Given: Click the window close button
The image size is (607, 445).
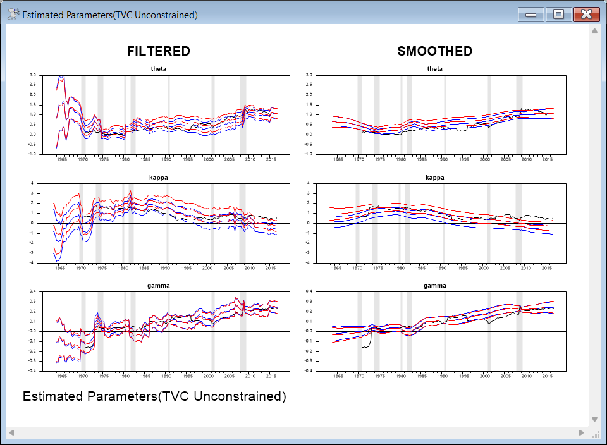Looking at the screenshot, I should [586, 15].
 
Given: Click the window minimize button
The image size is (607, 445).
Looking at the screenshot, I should [530, 15].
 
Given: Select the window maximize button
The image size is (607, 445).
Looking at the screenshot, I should [558, 15].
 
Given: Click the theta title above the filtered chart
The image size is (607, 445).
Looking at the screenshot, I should [159, 69].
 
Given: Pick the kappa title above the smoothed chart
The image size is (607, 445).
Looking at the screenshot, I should [435, 178].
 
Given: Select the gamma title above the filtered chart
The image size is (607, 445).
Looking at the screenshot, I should [159, 286].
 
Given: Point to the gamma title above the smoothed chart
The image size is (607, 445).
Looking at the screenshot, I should [435, 286].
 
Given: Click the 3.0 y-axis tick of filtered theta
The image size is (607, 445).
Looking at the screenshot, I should [33, 75].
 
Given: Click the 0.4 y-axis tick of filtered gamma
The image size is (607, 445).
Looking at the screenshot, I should [33, 291].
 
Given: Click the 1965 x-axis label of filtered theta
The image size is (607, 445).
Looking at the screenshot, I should [62, 159].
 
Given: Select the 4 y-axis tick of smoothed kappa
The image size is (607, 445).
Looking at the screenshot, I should [308, 183].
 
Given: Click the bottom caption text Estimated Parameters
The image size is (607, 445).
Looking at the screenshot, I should [154, 397].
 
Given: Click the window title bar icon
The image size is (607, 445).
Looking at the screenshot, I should [13, 15].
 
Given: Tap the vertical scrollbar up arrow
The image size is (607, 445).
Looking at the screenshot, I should [594, 30].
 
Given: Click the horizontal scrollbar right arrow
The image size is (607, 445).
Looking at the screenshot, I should [582, 432].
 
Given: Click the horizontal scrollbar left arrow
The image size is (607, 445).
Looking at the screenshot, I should [11, 432].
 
